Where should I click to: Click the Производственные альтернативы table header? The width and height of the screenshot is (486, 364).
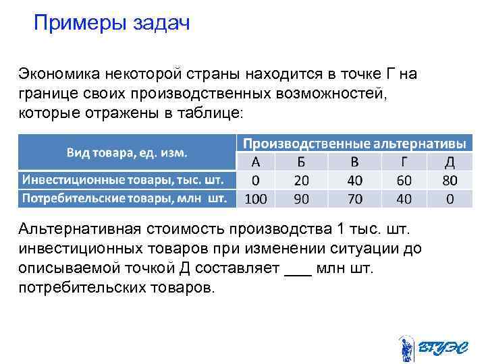(354, 144)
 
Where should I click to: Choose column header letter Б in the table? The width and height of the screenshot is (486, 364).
(302, 162)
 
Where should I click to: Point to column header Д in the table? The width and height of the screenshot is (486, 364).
(450, 162)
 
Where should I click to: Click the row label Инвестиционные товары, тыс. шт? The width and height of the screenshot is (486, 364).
(128, 180)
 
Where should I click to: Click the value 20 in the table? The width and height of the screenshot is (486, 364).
(302, 181)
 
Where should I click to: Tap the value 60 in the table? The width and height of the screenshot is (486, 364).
(403, 181)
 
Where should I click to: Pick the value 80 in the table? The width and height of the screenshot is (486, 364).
(450, 181)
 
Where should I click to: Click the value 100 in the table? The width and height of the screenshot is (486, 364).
(255, 199)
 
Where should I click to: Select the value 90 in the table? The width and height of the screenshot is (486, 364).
(302, 199)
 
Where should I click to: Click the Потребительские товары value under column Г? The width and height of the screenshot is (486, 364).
(403, 199)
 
